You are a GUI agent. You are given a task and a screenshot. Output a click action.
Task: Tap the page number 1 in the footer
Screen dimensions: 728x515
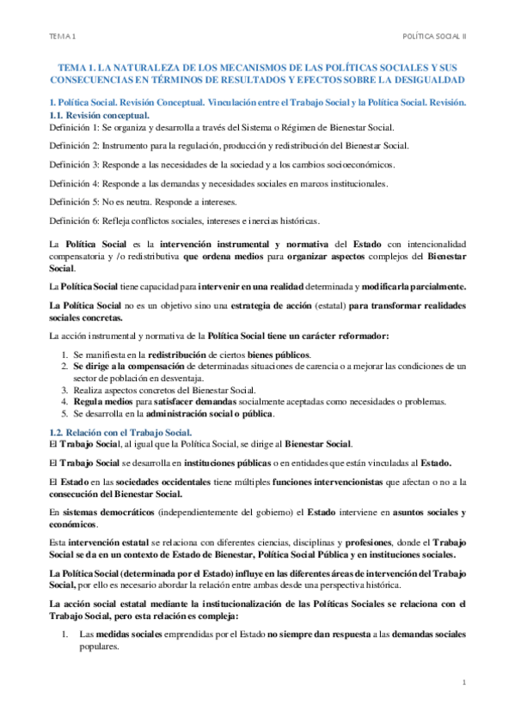click(463, 683)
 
